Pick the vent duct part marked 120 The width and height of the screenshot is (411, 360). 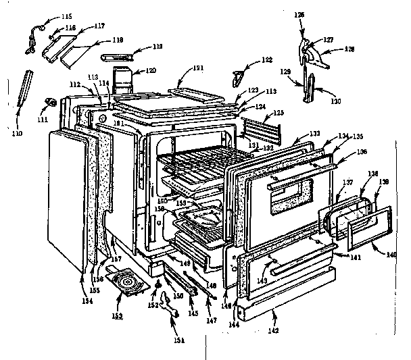point(122,80)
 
